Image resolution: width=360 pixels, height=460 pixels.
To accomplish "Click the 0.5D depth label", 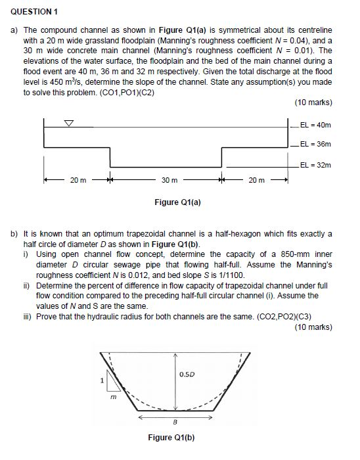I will pyautogui.click(x=186, y=375).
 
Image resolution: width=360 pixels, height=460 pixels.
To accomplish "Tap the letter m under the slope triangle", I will pyautogui.click(x=113, y=396).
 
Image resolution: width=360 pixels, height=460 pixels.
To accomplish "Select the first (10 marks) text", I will pyautogui.click(x=313, y=103).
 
